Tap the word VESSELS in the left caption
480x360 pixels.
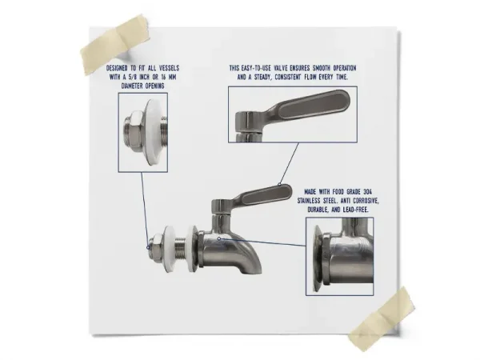[x=169, y=68]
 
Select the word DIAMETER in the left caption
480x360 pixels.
[x=133, y=86]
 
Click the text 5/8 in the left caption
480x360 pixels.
[x=133, y=77]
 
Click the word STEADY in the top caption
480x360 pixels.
[x=264, y=77]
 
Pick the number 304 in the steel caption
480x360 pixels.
[x=367, y=192]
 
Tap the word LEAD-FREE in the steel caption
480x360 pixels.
[x=356, y=210]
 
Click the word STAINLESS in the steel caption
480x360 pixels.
[x=309, y=201]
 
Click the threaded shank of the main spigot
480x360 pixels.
[x=181, y=246]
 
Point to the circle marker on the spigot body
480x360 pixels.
[x=219, y=238]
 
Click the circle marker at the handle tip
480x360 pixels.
[x=280, y=184]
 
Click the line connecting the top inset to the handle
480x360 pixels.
[x=289, y=163]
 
